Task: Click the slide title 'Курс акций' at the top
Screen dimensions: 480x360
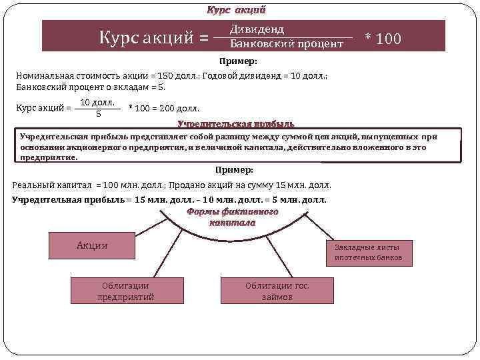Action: pyautogui.click(x=237, y=10)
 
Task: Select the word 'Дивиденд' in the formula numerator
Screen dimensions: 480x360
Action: pyautogui.click(x=257, y=29)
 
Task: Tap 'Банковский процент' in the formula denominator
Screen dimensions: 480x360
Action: pyautogui.click(x=286, y=44)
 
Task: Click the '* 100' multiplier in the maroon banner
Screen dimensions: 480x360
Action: pyautogui.click(x=383, y=38)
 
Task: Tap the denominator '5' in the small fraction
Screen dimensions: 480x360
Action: pyautogui.click(x=99, y=113)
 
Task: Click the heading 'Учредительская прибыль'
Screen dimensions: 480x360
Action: pyautogui.click(x=235, y=124)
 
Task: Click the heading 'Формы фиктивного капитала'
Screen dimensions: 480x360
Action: pyautogui.click(x=232, y=217)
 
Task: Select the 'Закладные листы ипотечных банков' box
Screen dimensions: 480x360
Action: pyautogui.click(x=368, y=252)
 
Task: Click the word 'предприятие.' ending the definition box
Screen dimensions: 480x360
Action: pyautogui.click(x=49, y=158)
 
